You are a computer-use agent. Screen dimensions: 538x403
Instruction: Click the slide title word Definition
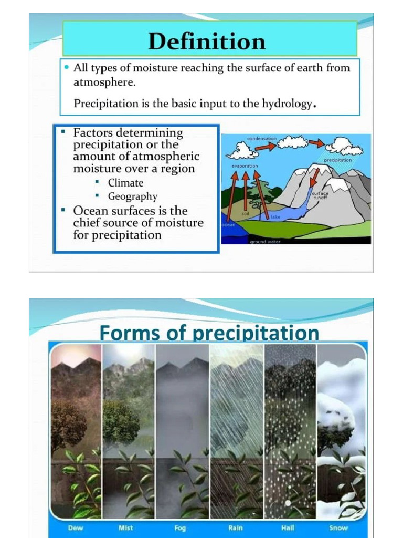click(207, 41)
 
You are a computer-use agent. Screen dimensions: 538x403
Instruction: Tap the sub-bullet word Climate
click(125, 183)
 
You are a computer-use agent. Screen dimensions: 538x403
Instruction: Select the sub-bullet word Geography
click(133, 196)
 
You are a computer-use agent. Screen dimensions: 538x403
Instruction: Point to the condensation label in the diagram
click(262, 139)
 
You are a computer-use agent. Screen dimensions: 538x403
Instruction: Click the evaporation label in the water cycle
click(245, 166)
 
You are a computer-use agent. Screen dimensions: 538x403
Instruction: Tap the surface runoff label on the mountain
click(320, 196)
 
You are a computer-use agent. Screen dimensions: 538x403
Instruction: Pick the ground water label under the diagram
click(265, 242)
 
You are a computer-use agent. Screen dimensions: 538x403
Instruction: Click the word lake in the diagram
click(275, 216)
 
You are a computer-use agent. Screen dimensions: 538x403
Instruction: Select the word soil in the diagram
click(245, 213)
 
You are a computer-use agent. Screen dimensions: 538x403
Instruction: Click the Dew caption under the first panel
click(76, 528)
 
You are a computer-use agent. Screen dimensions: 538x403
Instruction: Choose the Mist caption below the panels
click(126, 528)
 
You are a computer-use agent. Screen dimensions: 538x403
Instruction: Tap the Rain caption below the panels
click(236, 528)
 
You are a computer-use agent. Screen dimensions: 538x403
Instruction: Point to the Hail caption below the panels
click(288, 528)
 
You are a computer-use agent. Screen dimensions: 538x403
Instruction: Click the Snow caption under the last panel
click(338, 528)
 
